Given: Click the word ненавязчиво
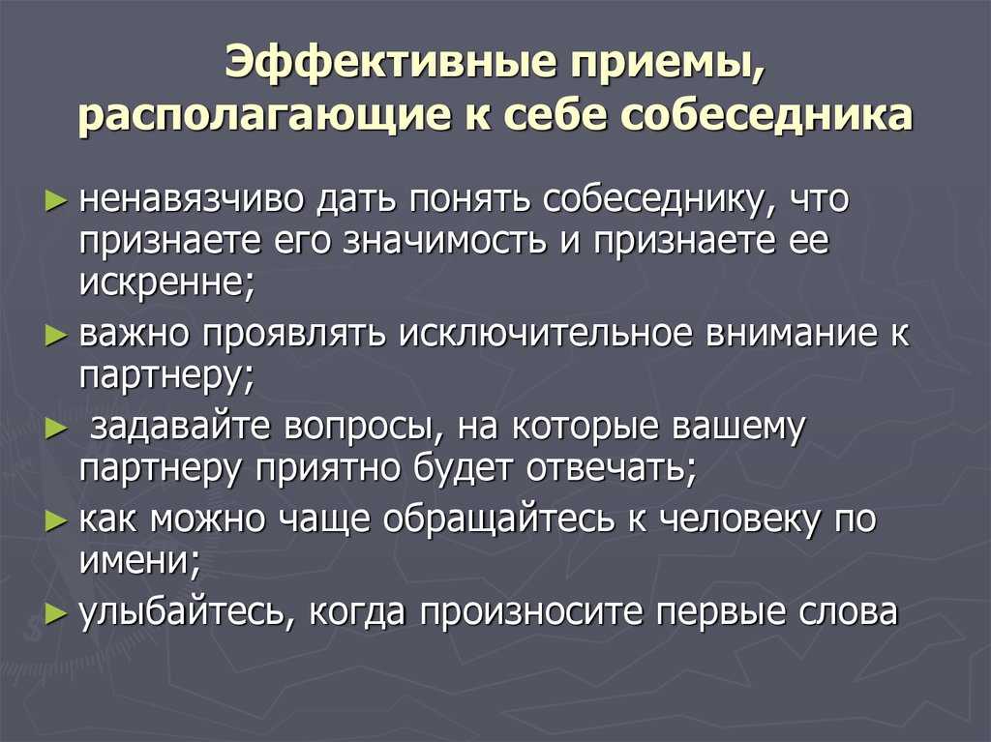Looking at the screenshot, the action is (194, 199).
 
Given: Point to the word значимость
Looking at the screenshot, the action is (443, 242).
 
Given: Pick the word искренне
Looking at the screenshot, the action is (167, 283).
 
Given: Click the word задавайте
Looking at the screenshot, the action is (179, 427).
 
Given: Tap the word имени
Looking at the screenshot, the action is (139, 560).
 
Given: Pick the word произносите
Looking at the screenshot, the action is (530, 612).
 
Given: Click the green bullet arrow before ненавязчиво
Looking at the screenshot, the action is (56, 201).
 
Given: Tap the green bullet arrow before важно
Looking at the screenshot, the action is (56, 336).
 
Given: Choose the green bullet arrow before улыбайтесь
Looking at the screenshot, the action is (56, 613).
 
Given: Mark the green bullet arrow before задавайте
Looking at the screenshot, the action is (56, 430).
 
